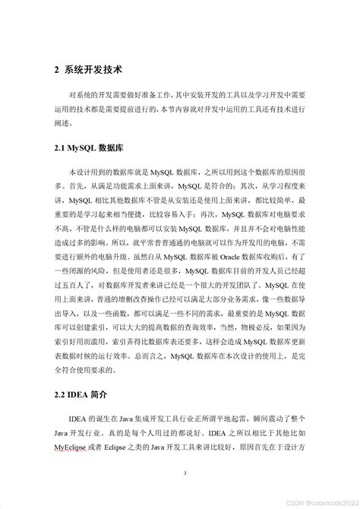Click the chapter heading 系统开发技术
[96, 70]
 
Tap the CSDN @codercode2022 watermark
[319, 501]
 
